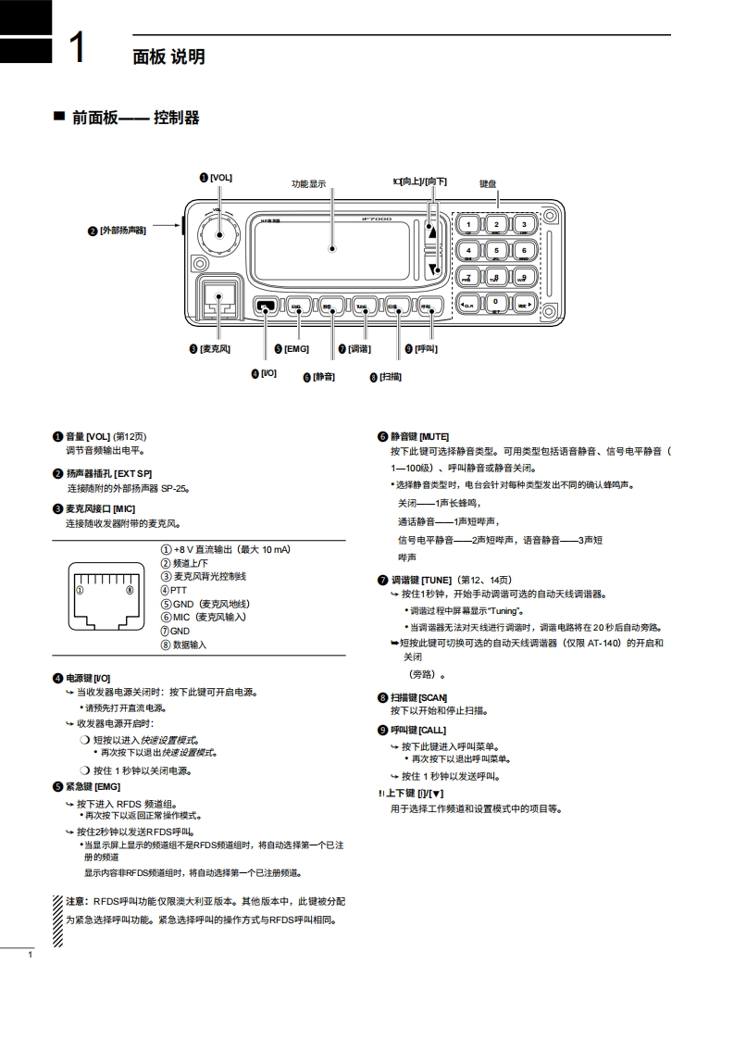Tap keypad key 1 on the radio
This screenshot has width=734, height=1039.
(x=468, y=224)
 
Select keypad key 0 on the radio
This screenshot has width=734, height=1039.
(x=496, y=302)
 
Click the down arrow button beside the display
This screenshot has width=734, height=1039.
(x=431, y=269)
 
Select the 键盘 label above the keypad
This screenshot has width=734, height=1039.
(x=488, y=183)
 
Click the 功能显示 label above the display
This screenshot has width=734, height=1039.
(x=309, y=183)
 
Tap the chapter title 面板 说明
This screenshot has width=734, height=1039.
(x=168, y=57)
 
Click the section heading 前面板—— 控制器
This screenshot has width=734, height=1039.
(x=135, y=118)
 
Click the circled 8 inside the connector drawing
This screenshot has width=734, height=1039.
(x=130, y=590)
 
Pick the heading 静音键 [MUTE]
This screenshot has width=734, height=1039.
(x=419, y=436)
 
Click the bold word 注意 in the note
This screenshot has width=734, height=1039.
(x=76, y=901)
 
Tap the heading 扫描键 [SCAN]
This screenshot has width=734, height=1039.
(x=418, y=697)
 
